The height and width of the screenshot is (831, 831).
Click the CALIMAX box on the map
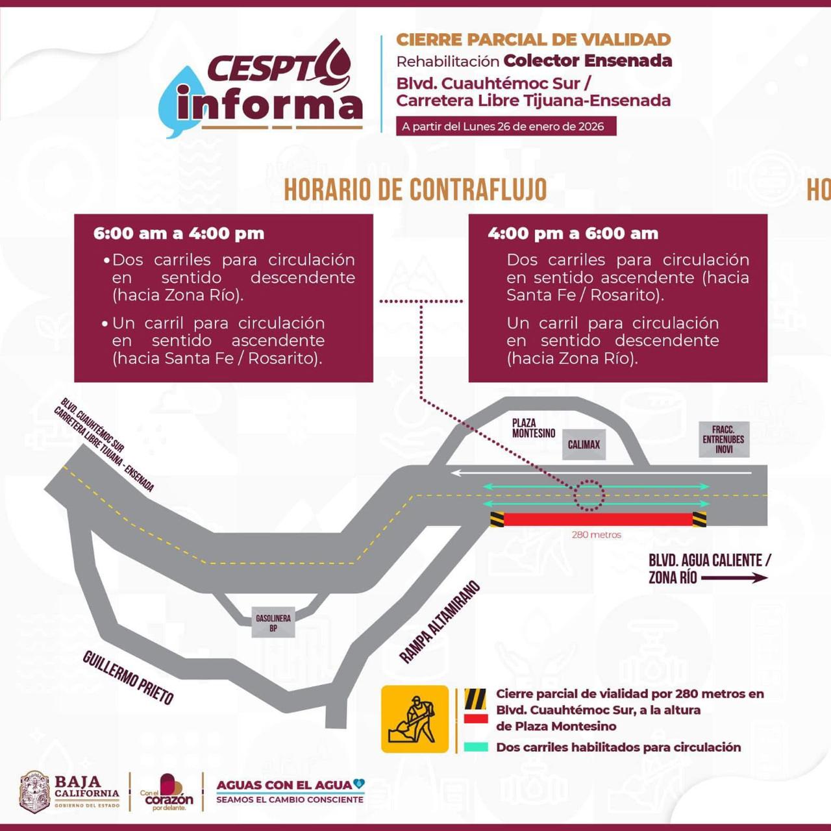click(x=584, y=445)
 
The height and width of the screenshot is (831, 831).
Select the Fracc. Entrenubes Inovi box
click(x=723, y=440)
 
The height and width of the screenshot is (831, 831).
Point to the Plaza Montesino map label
click(x=533, y=428)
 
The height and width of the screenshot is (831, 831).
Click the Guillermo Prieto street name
click(x=128, y=677)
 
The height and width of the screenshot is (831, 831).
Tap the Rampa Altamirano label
click(x=440, y=622)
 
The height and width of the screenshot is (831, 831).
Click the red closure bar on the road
click(x=597, y=519)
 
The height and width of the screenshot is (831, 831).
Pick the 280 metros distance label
click(x=596, y=535)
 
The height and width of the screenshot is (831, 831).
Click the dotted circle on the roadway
click(x=589, y=496)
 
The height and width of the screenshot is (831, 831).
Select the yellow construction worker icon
click(x=415, y=719)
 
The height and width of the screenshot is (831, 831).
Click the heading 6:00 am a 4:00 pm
click(x=179, y=234)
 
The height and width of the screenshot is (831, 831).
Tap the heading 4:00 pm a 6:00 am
click(x=573, y=234)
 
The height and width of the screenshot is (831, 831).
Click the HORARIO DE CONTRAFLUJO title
click(x=415, y=190)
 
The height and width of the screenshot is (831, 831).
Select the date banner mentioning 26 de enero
click(x=506, y=127)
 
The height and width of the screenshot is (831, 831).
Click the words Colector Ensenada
click(x=588, y=61)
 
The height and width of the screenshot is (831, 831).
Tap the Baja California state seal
click(x=34, y=791)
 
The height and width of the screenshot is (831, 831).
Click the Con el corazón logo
click(x=167, y=792)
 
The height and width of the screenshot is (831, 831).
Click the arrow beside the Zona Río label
click(x=734, y=578)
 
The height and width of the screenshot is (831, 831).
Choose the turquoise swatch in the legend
click(x=476, y=747)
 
